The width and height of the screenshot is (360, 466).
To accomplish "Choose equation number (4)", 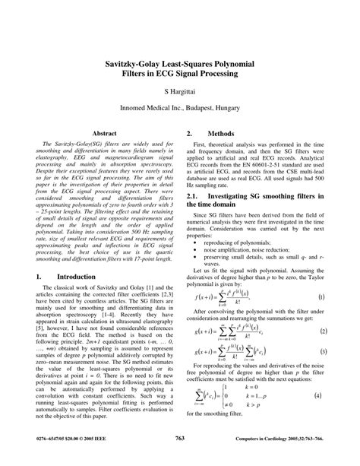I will tap(321, 417).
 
